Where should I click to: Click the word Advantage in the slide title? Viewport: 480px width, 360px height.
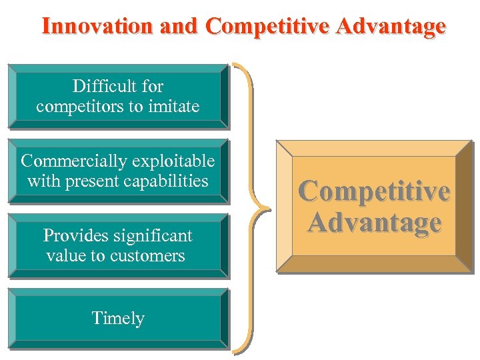point(392,26)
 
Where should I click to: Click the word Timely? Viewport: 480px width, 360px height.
point(118,319)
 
